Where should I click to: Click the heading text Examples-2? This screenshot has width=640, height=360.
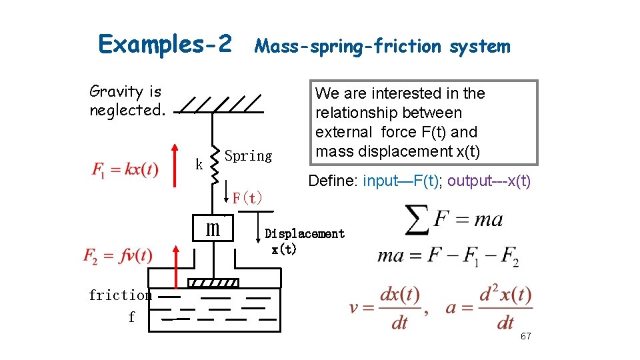165,44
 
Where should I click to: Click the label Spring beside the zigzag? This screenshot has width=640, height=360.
248,156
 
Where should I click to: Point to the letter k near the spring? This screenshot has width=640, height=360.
199,164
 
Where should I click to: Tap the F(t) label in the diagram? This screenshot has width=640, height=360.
247,197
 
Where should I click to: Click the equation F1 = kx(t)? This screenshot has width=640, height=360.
125,169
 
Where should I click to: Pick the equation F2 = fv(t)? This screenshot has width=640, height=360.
118,255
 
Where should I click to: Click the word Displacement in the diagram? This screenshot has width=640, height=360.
305,233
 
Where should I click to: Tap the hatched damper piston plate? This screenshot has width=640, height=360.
212,283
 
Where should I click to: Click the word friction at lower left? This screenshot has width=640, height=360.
120,295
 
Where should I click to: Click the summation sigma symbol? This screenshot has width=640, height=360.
417,219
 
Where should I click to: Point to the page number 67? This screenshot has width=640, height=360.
525,336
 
